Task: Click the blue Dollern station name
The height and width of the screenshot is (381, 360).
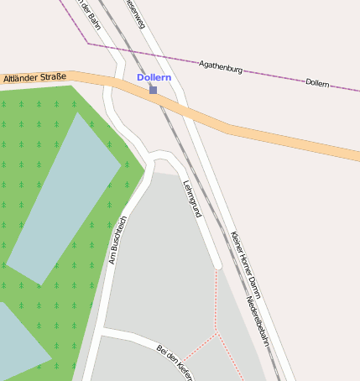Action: pos(154,77)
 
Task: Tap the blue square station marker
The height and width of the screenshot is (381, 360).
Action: pos(153,90)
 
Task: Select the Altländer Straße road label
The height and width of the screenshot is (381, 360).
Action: pos(34,78)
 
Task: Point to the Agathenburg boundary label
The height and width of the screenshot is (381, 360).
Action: pos(221,66)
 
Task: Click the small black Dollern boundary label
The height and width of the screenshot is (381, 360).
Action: pos(317,83)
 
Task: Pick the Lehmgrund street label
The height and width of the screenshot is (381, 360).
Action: pos(192,199)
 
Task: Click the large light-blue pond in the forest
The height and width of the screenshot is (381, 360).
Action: pos(64,197)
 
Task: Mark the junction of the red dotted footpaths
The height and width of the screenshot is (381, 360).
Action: pos(216,333)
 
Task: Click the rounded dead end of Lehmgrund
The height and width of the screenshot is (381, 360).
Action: pos(217,265)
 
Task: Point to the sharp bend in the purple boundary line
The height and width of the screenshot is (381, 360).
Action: pos(88,43)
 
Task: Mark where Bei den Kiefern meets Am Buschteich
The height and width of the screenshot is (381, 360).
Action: pos(101,334)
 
